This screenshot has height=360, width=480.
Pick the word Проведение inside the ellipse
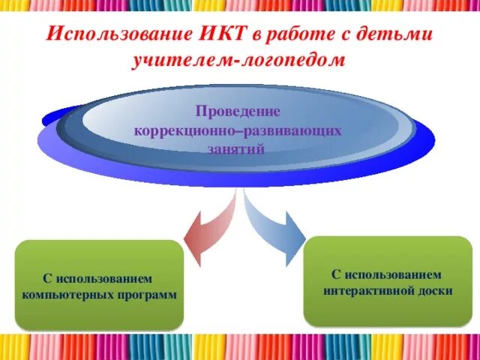point(238,112)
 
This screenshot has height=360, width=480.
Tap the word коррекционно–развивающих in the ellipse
point(238,130)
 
